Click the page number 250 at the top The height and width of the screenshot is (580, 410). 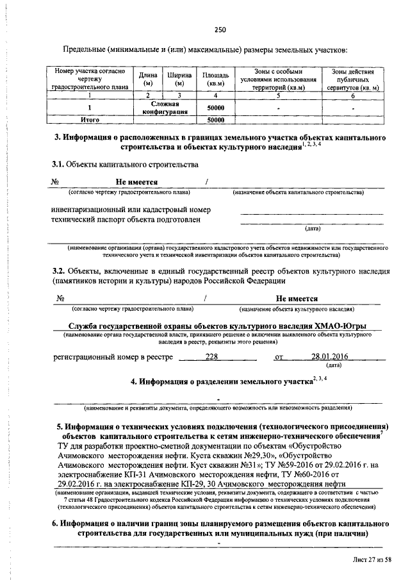click(220, 29)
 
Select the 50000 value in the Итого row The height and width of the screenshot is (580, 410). click(215, 119)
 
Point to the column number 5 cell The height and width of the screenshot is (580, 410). click(278, 95)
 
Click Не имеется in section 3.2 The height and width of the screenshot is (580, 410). click(297, 298)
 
